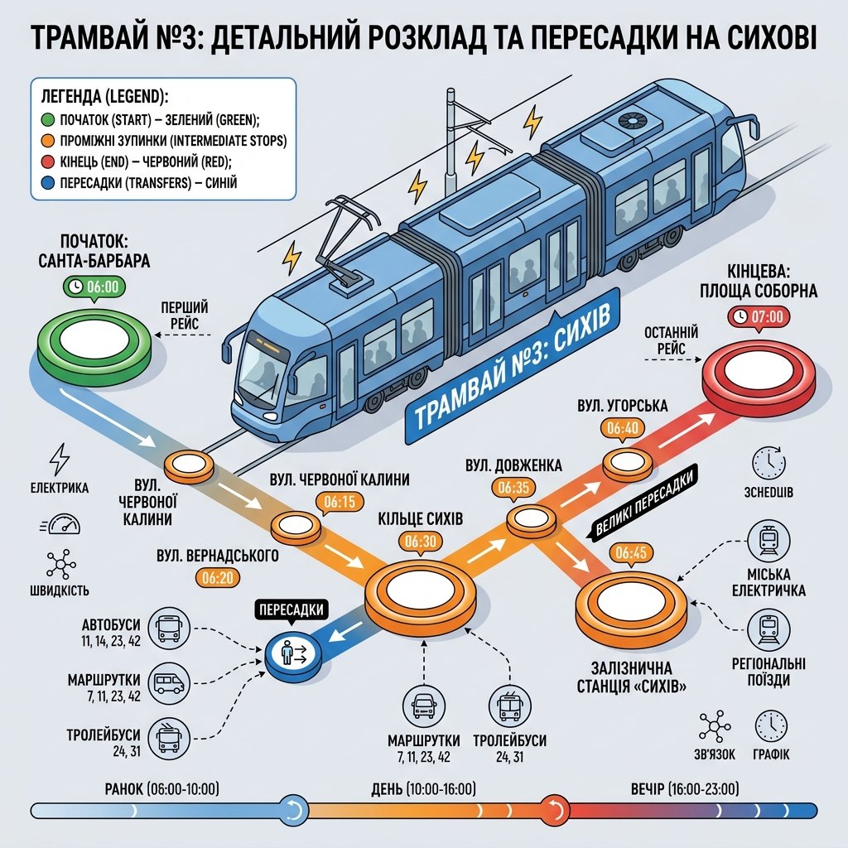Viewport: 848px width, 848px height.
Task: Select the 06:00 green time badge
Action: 94,286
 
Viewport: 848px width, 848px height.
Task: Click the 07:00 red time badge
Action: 759,316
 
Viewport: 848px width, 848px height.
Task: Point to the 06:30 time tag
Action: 420,542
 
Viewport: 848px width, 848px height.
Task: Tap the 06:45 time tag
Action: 630,552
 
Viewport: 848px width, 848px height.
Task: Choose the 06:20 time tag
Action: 218,578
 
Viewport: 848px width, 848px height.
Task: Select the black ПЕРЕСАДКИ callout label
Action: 291,610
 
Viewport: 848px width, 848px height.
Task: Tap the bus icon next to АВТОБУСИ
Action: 169,628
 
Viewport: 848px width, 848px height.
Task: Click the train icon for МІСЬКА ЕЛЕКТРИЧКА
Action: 768,540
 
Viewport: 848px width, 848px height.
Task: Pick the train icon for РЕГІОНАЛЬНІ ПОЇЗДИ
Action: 768,629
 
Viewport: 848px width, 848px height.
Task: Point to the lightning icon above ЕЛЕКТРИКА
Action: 59,460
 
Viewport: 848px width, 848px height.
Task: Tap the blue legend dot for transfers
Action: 48,183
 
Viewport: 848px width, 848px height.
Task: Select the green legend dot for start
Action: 48,119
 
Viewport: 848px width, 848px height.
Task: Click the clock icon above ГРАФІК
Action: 771,726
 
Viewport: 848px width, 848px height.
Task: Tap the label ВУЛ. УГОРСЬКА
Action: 623,406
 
